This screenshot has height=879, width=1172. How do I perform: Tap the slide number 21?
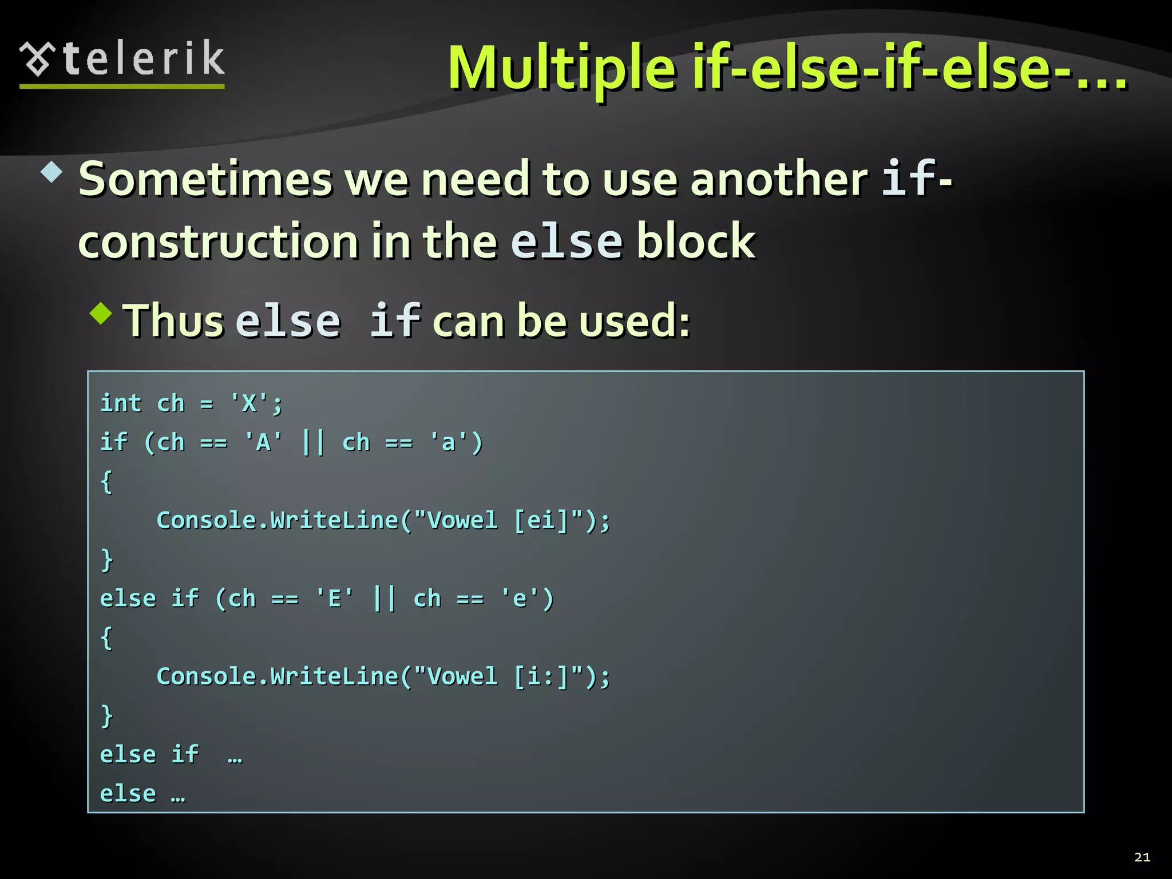(1142, 857)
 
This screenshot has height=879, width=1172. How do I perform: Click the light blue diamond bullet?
(52, 172)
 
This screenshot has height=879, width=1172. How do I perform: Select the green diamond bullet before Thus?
(101, 313)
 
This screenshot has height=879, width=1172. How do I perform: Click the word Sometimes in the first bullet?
(205, 179)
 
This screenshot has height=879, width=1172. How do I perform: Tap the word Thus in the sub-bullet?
(173, 320)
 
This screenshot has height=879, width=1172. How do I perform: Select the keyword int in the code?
(121, 403)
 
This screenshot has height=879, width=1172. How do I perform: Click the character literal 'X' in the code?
(249, 403)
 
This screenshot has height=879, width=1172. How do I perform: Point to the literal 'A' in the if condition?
(263, 442)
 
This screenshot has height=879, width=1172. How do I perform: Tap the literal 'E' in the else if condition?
(335, 599)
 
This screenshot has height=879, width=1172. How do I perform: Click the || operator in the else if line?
(384, 599)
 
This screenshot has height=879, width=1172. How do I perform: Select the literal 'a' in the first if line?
(448, 442)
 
